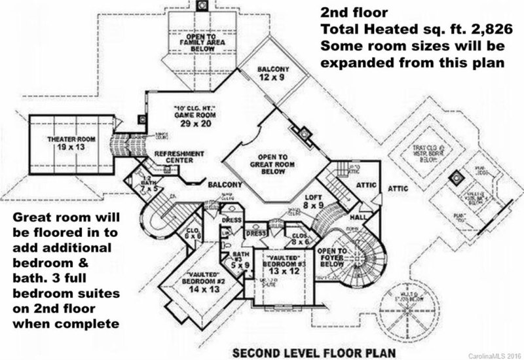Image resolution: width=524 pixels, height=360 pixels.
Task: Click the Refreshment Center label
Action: coord(179,157)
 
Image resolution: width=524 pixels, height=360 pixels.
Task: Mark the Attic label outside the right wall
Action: coord(398,189)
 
